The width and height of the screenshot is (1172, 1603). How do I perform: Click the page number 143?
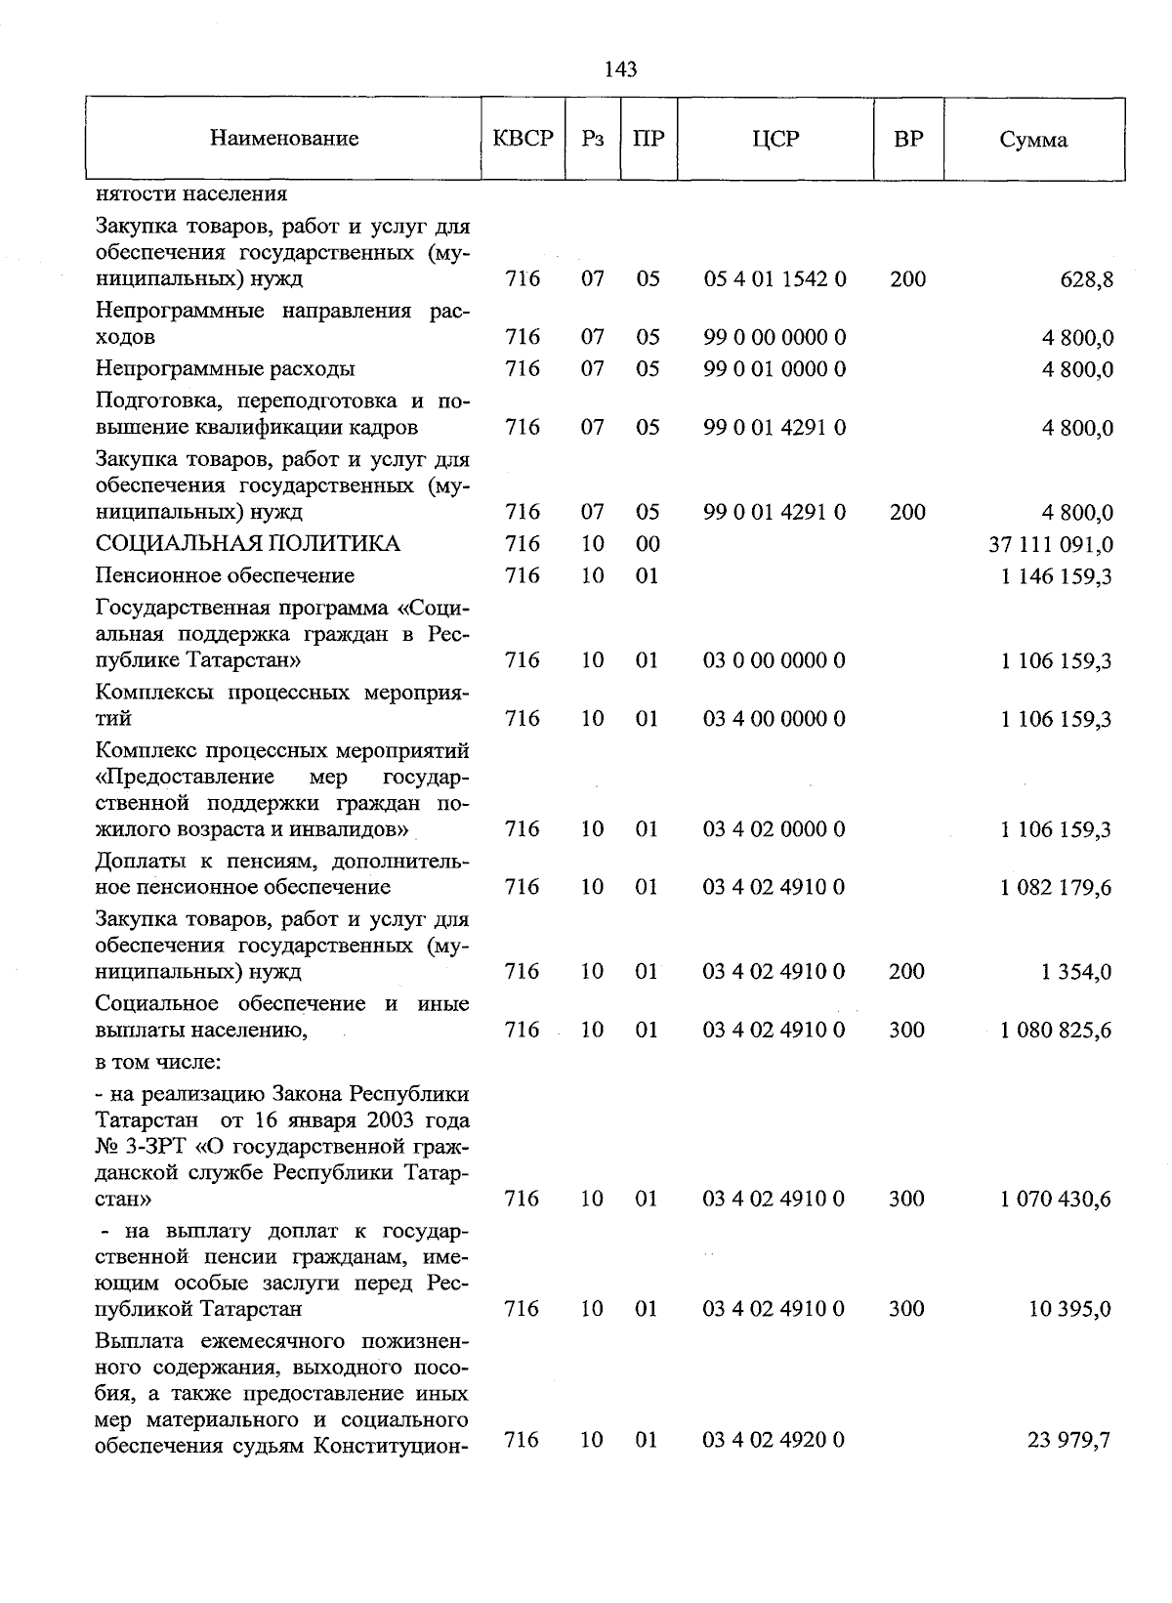tap(621, 68)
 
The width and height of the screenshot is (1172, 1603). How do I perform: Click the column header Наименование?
tap(284, 139)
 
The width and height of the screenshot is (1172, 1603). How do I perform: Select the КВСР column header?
tap(523, 139)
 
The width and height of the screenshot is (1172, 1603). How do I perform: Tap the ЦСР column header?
tap(775, 139)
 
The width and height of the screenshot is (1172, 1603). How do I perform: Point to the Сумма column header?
tap(1033, 140)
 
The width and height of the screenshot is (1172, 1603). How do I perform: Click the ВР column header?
tap(908, 139)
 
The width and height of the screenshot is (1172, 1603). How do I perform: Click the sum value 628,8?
tap(1086, 280)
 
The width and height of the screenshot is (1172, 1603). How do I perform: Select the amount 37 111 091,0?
tap(1051, 545)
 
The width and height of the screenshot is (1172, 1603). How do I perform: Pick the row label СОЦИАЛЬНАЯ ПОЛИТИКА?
tap(248, 544)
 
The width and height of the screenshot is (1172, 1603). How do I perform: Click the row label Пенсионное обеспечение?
tap(226, 576)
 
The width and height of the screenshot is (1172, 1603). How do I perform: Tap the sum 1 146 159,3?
tap(1056, 577)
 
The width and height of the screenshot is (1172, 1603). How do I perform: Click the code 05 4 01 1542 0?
tap(774, 279)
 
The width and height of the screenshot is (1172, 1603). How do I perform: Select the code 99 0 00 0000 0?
tap(774, 338)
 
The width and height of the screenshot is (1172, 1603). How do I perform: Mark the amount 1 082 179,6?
tap(1056, 888)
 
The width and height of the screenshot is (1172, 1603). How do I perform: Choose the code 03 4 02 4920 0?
tap(774, 1440)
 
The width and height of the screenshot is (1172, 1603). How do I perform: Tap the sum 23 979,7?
tap(1068, 1441)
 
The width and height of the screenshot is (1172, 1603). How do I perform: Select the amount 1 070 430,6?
tap(1056, 1200)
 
